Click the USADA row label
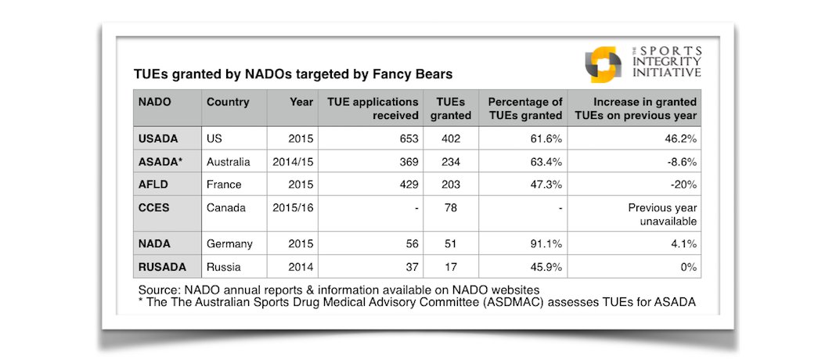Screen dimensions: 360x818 [x=158, y=139]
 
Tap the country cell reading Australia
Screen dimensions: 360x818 [x=228, y=162]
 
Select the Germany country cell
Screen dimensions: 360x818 [x=229, y=243]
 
